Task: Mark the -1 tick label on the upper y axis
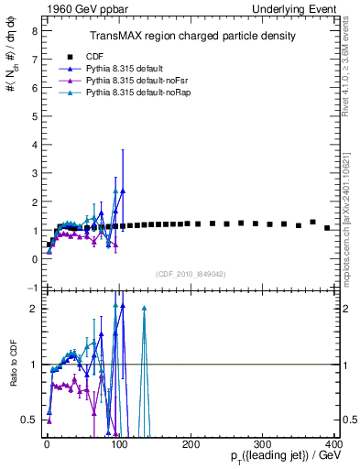(x=31, y=288)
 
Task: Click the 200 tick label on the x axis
(x=191, y=444)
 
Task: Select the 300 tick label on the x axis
(x=262, y=444)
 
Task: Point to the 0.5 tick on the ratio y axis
(x=28, y=420)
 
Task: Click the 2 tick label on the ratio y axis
(x=33, y=309)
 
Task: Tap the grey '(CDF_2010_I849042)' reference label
(x=191, y=273)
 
